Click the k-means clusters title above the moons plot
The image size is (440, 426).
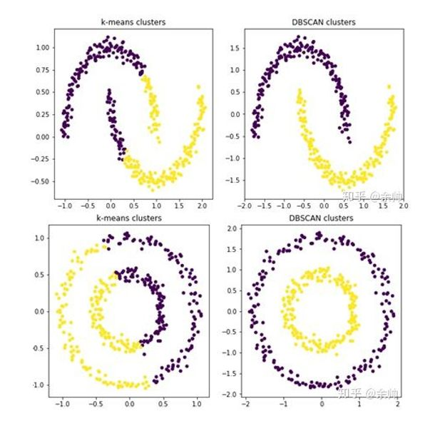[x=132, y=22]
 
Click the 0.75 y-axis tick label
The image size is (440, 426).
[x=43, y=70]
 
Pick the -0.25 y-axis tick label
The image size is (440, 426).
[x=41, y=159]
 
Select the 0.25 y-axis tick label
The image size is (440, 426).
[x=43, y=114]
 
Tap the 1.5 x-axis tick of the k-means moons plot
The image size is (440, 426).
[x=179, y=206]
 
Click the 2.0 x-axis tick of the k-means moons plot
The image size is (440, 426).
[x=202, y=206]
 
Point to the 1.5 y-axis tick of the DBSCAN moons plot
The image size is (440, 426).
[x=235, y=47]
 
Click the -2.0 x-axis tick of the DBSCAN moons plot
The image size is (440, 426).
[x=245, y=206]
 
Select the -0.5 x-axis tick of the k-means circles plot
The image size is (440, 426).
[x=93, y=402]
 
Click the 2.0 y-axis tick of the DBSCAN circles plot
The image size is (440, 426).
[x=233, y=229]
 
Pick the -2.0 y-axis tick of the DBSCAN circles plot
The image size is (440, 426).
[x=232, y=394]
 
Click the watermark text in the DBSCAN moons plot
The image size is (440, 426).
[x=371, y=194]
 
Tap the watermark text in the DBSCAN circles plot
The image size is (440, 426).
[x=371, y=392]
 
